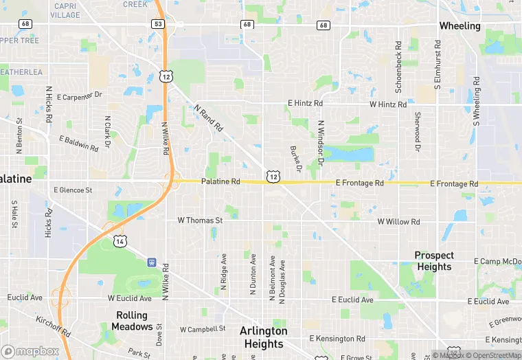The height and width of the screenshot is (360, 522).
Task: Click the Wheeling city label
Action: [459, 26]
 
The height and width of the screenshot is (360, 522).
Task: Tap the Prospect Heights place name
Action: [433, 261]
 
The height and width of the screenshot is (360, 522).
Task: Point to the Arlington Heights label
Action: [263, 337]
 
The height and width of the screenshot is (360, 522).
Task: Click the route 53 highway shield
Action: [158, 24]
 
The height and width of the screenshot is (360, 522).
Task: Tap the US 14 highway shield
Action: [120, 241]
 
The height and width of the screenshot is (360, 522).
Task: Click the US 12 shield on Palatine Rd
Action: [273, 177]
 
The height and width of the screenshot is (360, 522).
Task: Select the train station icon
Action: [151, 262]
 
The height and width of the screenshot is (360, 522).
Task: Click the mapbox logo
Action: [30, 351]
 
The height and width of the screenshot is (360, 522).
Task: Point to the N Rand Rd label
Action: [209, 118]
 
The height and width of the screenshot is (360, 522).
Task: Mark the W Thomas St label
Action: [200, 221]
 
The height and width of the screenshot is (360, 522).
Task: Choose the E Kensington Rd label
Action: [337, 339]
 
